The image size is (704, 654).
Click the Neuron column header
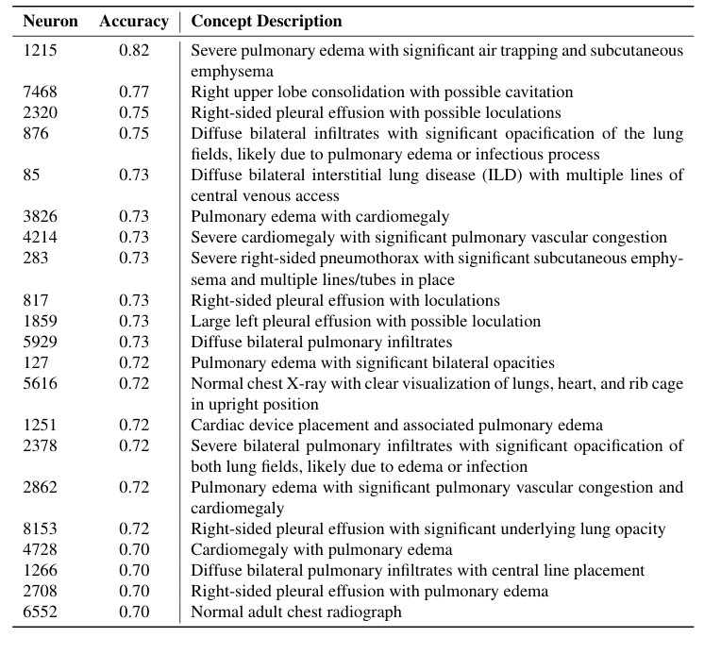51,21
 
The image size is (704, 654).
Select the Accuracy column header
133,21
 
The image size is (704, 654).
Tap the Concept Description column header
266,21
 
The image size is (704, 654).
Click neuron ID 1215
40,51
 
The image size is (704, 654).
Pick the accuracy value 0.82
134,51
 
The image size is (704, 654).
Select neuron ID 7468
40,92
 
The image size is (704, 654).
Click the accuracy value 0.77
134,92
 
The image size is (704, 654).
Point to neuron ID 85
32,176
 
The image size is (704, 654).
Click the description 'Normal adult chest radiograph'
295,612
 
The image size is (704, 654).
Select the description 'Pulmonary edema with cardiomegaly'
320,217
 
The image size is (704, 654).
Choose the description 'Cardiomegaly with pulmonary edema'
321,549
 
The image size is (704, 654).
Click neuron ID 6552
40,612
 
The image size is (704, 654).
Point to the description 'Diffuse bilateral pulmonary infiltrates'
321,342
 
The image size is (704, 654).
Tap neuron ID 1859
40,321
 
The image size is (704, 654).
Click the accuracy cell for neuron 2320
134,113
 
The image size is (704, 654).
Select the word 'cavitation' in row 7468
539,92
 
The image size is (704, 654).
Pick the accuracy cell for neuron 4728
134,549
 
